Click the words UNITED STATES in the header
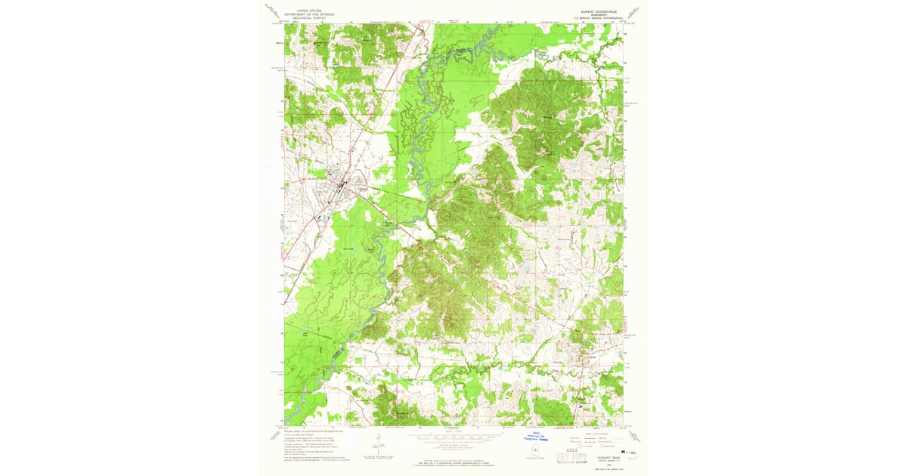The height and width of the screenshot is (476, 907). tap(298, 11)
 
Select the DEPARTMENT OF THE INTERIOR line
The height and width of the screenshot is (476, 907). tap(298, 14)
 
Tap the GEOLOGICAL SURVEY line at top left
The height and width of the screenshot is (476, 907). tap(298, 18)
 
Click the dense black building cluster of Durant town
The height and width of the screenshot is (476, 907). tap(342, 185)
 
